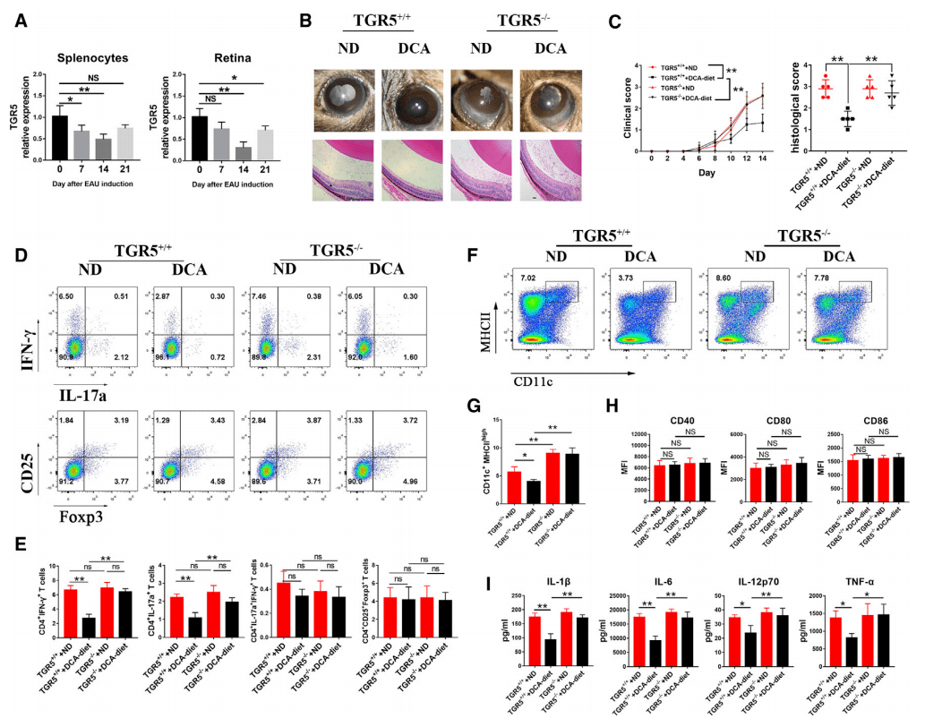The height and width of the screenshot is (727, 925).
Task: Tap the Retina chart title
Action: coord(227,56)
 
